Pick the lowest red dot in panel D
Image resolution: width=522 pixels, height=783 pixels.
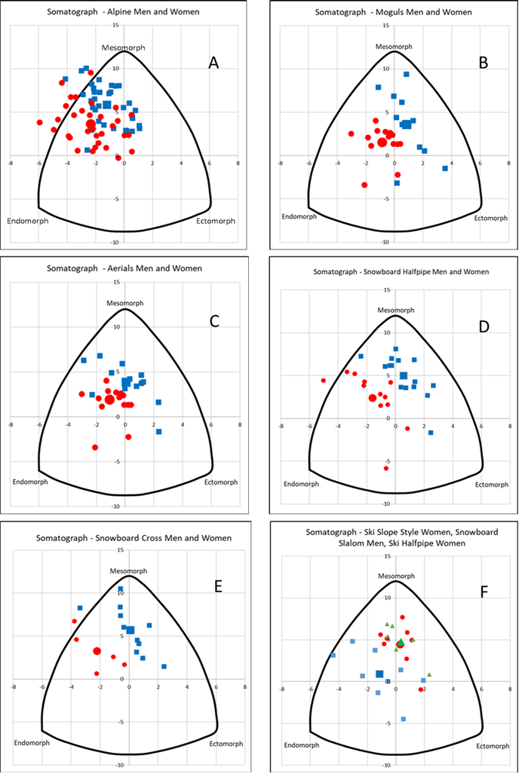386,468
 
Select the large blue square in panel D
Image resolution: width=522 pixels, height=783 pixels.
404,375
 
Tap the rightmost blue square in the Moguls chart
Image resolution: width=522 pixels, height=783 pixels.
445,168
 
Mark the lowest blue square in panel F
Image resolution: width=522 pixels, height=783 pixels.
404,719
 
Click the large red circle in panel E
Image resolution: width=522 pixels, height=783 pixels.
97,651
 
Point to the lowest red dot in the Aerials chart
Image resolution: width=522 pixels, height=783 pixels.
95,447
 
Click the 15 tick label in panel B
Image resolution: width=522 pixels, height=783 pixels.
385,25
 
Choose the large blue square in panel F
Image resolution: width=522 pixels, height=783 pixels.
379,674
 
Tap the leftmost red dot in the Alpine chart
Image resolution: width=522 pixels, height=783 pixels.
39,122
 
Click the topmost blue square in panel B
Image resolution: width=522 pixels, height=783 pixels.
407,74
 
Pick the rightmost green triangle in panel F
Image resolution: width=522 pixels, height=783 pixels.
428,674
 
